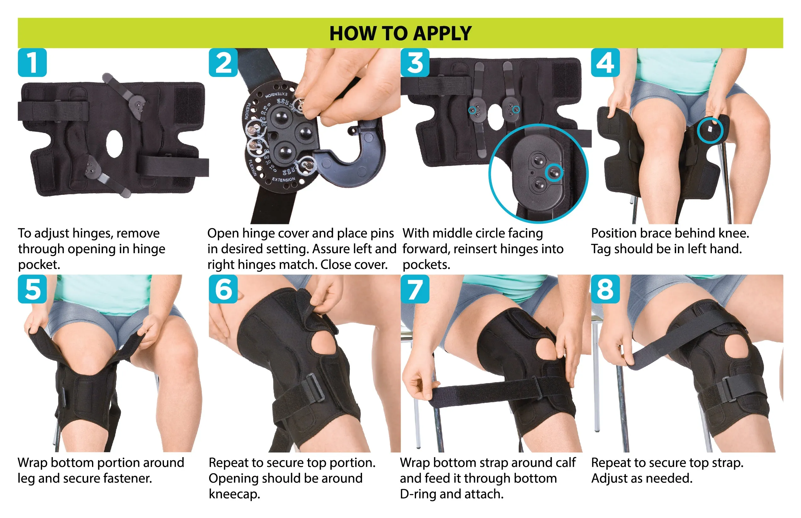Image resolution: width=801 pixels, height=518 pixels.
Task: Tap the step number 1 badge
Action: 32,62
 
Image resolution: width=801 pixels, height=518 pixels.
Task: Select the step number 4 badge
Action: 605,62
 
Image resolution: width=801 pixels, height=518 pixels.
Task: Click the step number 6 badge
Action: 223,289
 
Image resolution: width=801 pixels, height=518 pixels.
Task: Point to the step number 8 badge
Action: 605,289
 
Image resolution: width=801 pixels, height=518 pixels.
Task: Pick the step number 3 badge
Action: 415,62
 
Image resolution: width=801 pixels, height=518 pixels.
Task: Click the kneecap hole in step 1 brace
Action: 114,144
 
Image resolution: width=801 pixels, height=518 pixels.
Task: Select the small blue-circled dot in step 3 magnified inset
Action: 554,173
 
